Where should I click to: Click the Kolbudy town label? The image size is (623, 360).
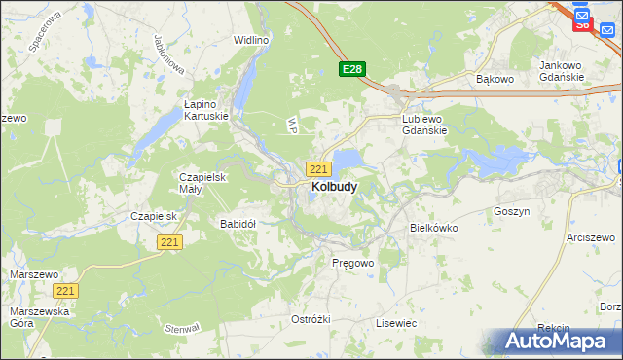pos(333,186)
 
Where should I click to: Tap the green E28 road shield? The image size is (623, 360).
pos(352,69)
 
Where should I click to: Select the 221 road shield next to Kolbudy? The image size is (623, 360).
pos(317,168)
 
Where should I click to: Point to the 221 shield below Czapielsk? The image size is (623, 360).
pos(169,241)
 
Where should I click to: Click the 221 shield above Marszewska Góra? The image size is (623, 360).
pos(66,291)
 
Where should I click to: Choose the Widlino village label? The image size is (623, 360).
pos(250,40)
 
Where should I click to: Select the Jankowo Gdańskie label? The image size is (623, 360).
pos(561,71)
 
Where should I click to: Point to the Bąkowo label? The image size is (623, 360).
pos(494,78)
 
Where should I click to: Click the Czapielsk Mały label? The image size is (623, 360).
pos(202,183)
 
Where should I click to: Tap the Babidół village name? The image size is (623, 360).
pos(238,224)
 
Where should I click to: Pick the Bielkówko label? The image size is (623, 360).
pos(433,227)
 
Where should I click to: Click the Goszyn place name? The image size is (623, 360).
pos(511,210)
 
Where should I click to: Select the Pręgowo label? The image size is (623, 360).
pos(352,263)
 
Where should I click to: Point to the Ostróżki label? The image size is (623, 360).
pos(311,319)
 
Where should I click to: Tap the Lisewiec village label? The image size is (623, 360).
pos(396,322)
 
